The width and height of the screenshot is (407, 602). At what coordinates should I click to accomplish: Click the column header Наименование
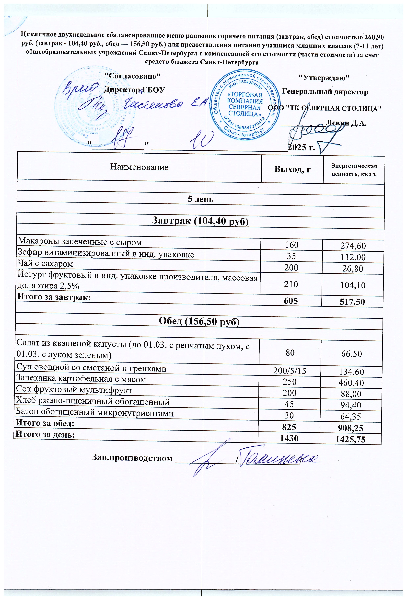coord(139,167)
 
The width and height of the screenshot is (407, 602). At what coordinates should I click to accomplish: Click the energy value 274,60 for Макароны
coord(353,246)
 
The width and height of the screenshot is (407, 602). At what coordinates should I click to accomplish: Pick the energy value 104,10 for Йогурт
coord(353,285)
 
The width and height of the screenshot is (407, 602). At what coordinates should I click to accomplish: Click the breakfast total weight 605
coord(291,301)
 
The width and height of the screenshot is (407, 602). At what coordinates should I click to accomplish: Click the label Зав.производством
coord(132,458)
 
